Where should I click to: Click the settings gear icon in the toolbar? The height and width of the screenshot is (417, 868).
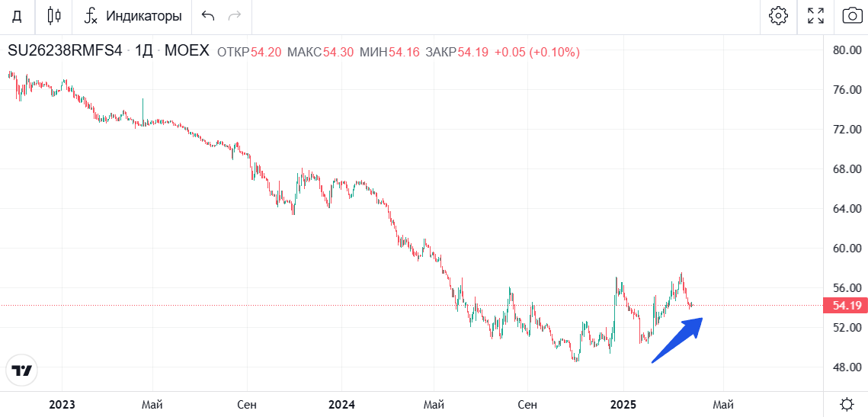(778, 15)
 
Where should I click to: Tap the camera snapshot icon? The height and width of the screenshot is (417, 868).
(852, 15)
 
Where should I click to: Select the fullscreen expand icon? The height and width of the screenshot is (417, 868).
(815, 15)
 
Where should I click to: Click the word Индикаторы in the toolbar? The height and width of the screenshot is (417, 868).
(144, 16)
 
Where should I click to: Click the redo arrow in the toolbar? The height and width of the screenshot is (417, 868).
(235, 16)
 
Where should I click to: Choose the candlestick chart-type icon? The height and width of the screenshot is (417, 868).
(53, 15)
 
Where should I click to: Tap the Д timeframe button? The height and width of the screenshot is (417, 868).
(16, 16)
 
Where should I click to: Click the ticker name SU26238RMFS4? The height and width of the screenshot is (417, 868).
(65, 52)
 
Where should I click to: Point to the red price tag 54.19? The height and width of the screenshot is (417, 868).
(844, 306)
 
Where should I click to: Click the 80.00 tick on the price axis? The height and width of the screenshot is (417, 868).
(847, 50)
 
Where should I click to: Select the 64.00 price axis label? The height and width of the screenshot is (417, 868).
(847, 209)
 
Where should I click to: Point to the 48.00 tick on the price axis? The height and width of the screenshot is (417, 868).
(847, 367)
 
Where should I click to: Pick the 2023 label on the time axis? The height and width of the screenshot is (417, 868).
(62, 403)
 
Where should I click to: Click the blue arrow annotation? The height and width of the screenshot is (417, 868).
(678, 339)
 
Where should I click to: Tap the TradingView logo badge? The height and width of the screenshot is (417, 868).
(22, 370)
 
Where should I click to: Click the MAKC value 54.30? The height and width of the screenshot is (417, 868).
(338, 53)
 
